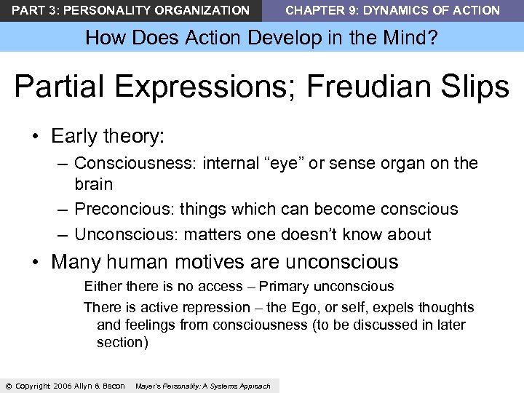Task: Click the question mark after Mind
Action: pyautogui.click(x=434, y=37)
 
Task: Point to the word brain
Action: pyautogui.click(x=93, y=183)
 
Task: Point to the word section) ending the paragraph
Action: pyautogui.click(x=122, y=342)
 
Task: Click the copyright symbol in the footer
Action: pyautogui.click(x=8, y=386)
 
